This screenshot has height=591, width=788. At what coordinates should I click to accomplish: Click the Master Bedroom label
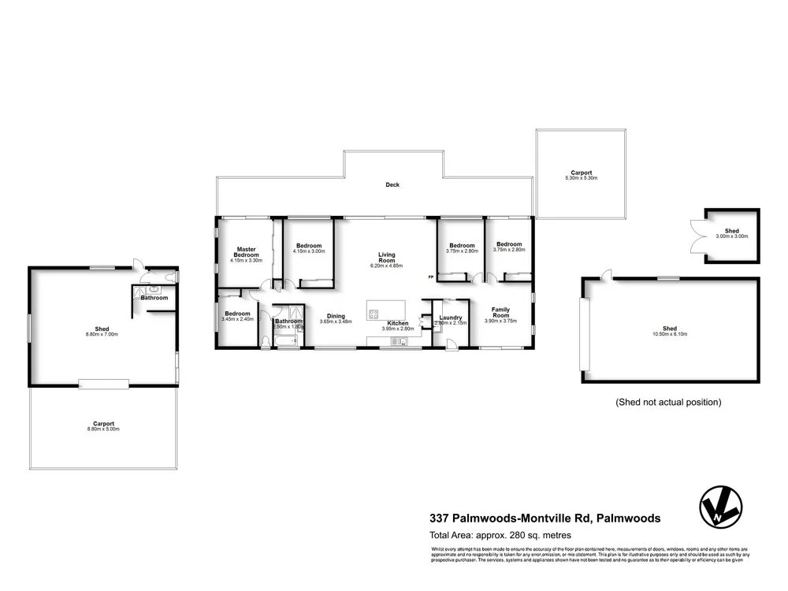pos(247,252)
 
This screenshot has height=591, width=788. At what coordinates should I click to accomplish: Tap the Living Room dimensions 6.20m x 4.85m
pos(386,266)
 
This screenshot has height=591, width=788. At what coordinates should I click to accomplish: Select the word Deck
pos(392,185)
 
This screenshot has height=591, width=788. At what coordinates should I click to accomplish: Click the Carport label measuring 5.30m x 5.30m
pos(582,175)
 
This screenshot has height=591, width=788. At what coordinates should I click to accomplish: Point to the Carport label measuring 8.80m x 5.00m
pos(103,426)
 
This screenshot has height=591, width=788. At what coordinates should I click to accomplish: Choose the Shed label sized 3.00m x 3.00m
pos(731,233)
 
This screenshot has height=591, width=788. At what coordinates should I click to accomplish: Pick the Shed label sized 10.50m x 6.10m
pos(669,331)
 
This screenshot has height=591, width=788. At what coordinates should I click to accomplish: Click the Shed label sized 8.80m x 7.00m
pos(101,331)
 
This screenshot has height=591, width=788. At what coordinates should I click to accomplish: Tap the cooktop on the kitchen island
pos(373,313)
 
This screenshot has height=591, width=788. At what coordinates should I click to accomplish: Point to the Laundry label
pos(450,318)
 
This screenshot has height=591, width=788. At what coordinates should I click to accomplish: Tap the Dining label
pos(336,317)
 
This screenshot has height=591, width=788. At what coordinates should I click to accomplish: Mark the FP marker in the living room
pos(430,277)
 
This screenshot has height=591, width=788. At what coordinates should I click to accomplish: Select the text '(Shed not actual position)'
pos(668,402)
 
